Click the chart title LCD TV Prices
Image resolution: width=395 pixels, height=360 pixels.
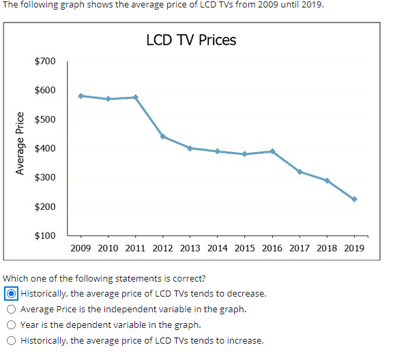click(191, 40)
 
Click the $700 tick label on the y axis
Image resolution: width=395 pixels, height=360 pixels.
click(45, 61)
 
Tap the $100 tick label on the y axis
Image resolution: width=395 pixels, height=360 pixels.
click(45, 236)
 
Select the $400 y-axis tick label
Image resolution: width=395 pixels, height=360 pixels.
click(45, 149)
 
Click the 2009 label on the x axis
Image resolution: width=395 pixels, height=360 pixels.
click(81, 248)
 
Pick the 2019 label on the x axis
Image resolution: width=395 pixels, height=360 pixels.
click(354, 248)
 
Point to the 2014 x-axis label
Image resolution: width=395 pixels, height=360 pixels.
click(217, 248)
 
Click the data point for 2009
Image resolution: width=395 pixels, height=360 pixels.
click(81, 95)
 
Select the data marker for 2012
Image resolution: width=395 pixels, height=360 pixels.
click(162, 136)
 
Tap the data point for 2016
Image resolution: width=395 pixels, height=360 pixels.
click(272, 151)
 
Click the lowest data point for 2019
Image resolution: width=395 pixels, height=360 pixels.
click(354, 199)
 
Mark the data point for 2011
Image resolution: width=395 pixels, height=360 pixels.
click(135, 97)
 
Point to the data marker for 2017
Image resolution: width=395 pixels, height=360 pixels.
click(299, 171)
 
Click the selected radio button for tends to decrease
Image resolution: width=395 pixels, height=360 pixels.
click(12, 294)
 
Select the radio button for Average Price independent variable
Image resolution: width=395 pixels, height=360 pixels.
click(12, 310)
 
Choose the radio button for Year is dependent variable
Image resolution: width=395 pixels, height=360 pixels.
click(12, 325)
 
